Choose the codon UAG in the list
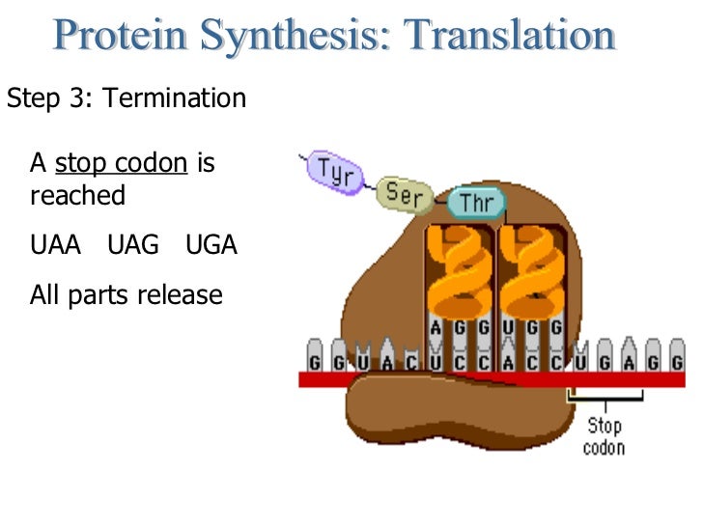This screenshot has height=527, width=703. click(x=133, y=245)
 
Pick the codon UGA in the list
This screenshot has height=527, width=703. click(x=211, y=245)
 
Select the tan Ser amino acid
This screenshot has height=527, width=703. click(x=405, y=193)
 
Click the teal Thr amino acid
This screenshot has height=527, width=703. click(x=476, y=204)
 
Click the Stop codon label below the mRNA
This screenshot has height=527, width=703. click(x=605, y=436)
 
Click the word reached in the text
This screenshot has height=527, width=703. click(x=78, y=196)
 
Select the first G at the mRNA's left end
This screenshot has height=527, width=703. click(x=315, y=361)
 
